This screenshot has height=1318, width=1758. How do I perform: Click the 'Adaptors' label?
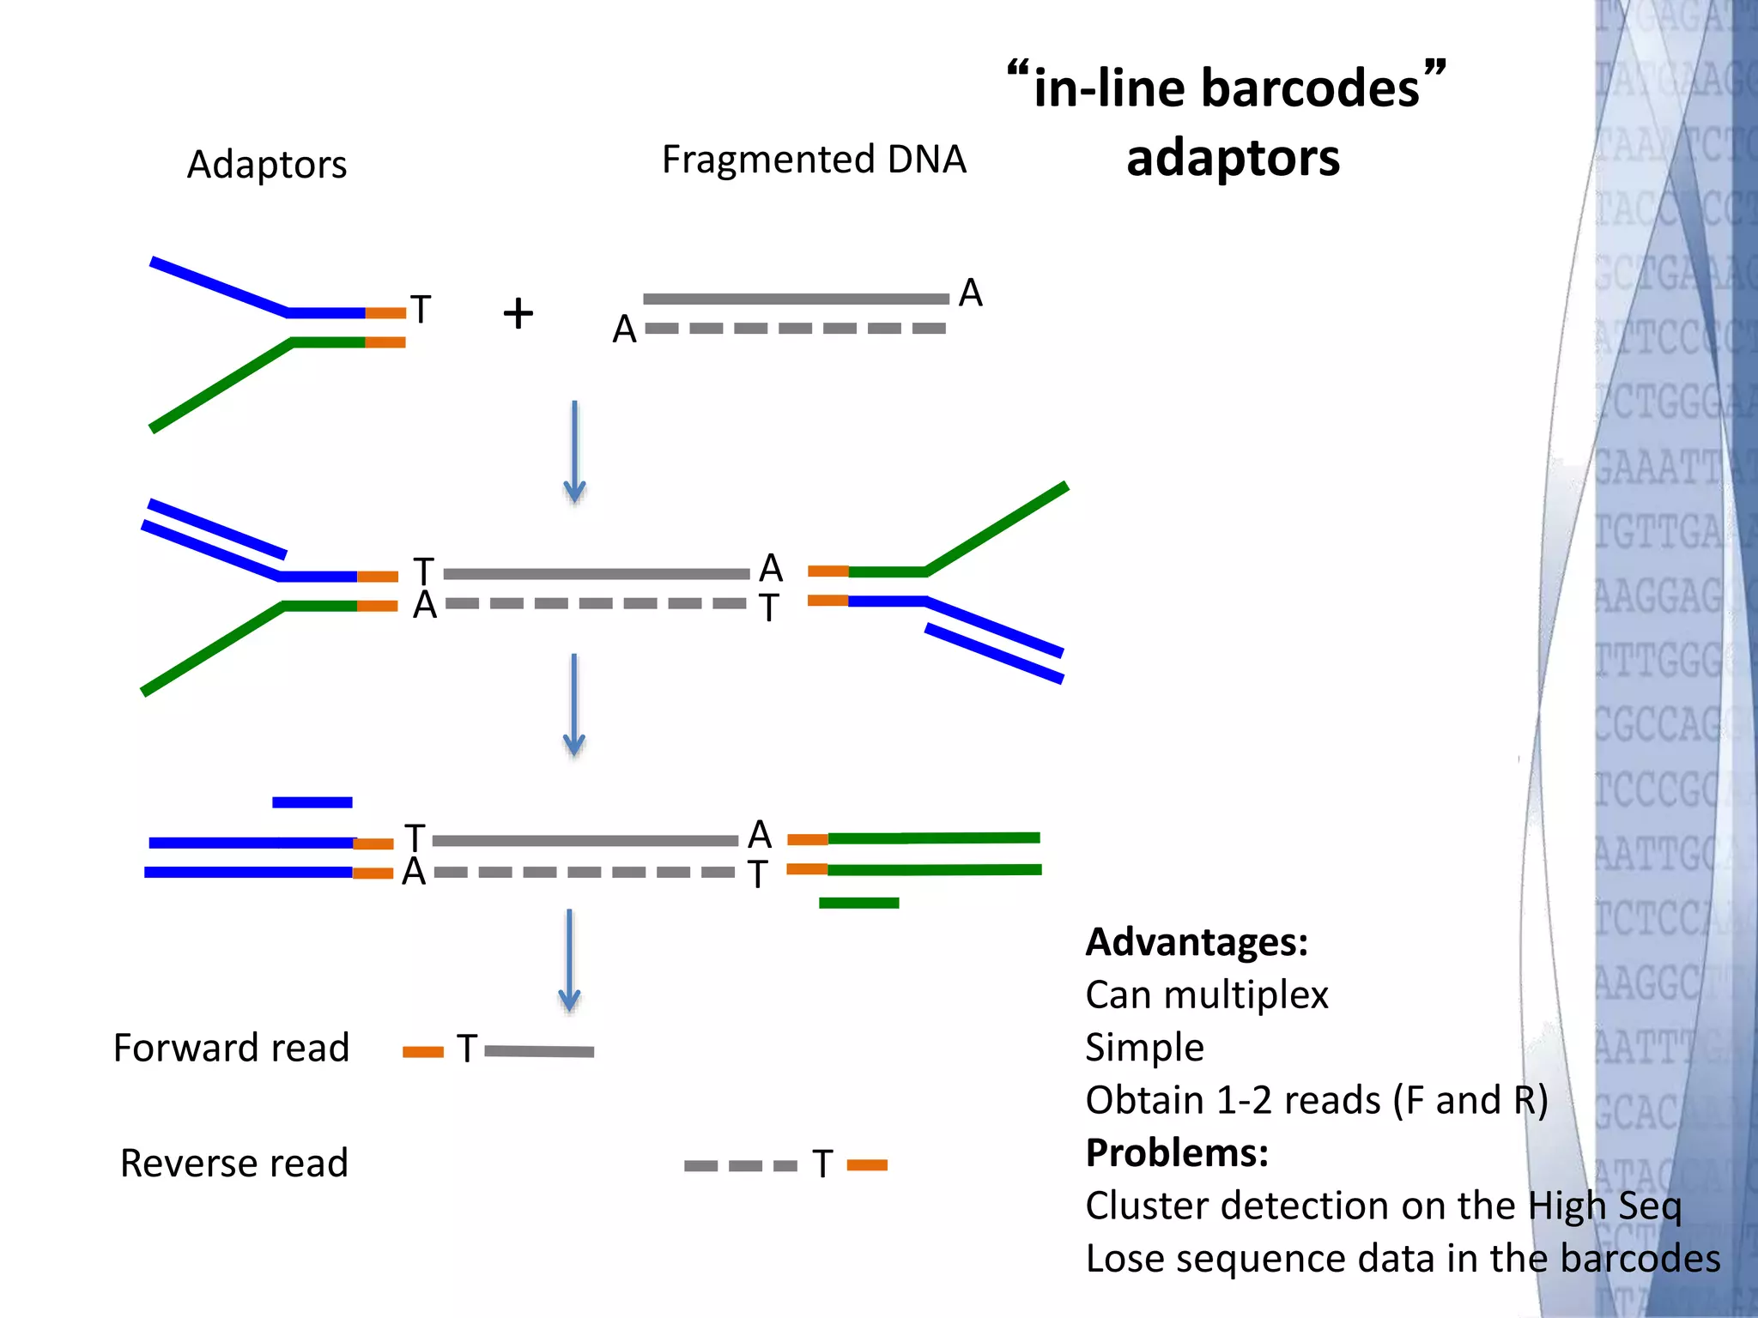[267, 164]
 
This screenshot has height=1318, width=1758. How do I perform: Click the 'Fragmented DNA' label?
[813, 160]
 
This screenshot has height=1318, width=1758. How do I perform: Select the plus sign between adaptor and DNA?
[518, 313]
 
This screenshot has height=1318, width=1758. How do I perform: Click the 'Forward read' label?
[231, 1048]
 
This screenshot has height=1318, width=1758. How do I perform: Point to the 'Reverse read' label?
[233, 1164]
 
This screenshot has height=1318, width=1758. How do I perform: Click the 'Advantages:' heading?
[1196, 942]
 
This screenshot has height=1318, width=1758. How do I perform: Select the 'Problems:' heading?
[1176, 1152]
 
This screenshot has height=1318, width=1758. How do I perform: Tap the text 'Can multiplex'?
[1206, 995]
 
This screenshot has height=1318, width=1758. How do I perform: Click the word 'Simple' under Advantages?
[1143, 1048]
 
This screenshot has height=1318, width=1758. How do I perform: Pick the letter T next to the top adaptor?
[420, 310]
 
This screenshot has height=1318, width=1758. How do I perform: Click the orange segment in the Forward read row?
[422, 1052]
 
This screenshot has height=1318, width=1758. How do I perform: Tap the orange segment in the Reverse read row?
[867, 1165]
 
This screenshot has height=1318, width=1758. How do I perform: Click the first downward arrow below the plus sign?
[574, 451]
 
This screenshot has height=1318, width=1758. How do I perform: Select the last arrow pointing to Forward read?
[569, 961]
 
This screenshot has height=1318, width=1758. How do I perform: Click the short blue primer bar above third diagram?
[312, 802]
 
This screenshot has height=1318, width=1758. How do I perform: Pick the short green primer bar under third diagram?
[858, 903]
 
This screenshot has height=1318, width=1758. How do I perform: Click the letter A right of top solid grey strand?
[970, 293]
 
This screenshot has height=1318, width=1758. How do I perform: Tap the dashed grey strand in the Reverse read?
[740, 1165]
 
